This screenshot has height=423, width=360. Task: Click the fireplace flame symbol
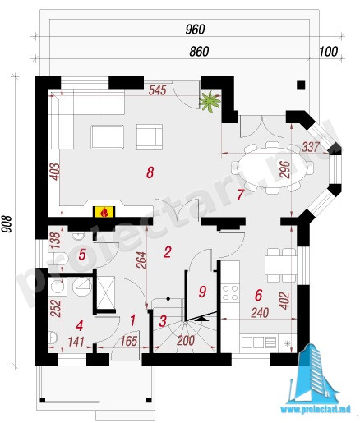click(104, 212)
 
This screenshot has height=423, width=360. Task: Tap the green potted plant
click(210, 102)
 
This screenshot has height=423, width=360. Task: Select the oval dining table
click(271, 168)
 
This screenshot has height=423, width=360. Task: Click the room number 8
click(150, 172)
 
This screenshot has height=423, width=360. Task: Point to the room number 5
click(82, 255)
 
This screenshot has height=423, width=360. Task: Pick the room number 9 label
click(202, 292)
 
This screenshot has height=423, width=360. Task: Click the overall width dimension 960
click(195, 30)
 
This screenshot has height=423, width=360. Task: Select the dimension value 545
click(158, 90)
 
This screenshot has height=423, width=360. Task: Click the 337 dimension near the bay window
click(311, 147)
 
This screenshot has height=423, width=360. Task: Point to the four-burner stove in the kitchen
click(230, 292)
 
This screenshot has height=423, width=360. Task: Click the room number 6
click(258, 295)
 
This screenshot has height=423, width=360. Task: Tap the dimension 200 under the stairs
click(186, 341)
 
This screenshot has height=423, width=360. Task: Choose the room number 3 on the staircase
click(163, 321)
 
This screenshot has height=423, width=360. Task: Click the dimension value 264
click(141, 260)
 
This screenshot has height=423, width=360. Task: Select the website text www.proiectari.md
click(316, 409)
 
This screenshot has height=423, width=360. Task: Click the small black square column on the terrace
click(301, 85)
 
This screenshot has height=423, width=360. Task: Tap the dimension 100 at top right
click(329, 52)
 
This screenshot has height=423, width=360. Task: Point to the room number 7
click(240, 195)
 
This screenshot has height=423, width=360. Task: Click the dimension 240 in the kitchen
click(260, 313)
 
